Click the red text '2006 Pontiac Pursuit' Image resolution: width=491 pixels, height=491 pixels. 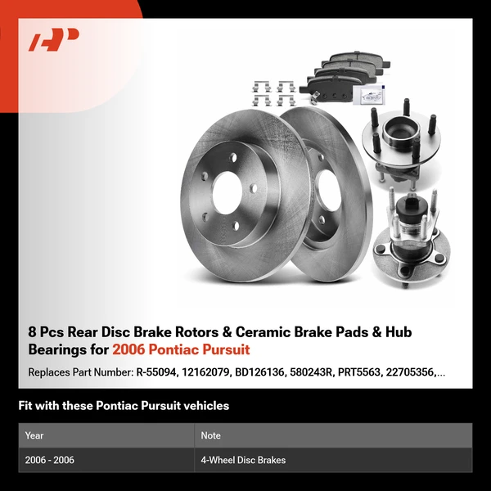pyautogui.click(x=181, y=349)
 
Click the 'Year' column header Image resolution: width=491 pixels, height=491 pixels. pyautogui.click(x=34, y=435)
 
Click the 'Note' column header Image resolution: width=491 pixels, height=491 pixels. pyautogui.click(x=211, y=435)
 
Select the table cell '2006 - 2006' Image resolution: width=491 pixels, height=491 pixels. pyautogui.click(x=50, y=460)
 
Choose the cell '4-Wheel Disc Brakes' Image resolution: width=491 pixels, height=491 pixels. pyautogui.click(x=243, y=460)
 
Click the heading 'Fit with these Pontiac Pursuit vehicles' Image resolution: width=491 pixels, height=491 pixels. pyautogui.click(x=124, y=406)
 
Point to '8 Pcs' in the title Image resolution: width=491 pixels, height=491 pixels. pyautogui.click(x=46, y=332)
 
